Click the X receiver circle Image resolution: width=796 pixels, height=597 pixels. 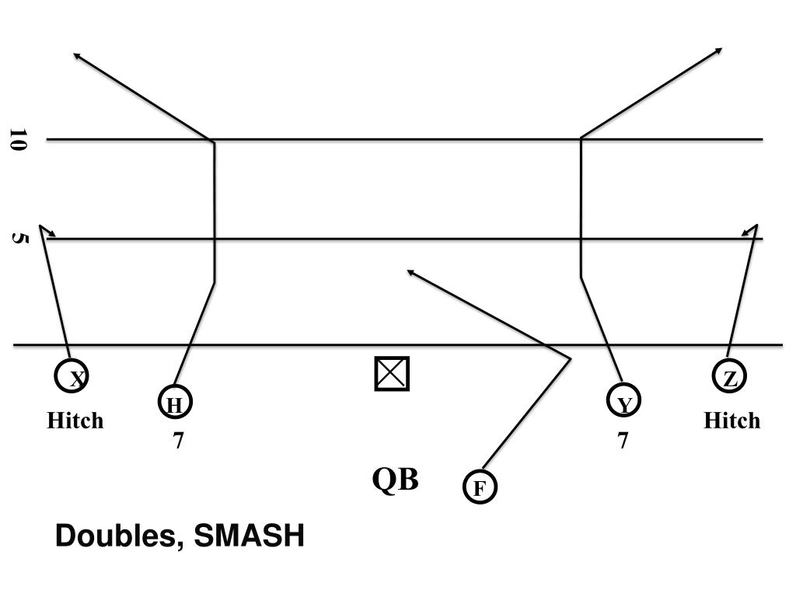coord(71,377)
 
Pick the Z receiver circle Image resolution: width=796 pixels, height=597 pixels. coord(730,378)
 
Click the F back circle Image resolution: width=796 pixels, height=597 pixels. coord(480,487)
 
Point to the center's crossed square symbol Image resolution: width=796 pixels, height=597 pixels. coord(392,373)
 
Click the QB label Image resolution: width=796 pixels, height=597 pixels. coord(395,480)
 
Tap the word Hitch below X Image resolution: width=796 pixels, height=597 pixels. coord(75,421)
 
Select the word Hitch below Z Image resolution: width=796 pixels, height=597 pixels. coord(731,421)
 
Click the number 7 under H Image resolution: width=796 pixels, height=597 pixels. coord(178,441)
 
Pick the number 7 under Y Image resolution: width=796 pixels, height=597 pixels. coord(623,441)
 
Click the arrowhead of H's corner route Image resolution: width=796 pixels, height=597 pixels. coord(76,55)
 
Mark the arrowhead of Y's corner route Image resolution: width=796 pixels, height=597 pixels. coord(719,51)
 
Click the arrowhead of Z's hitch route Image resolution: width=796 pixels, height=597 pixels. coord(751,229)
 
